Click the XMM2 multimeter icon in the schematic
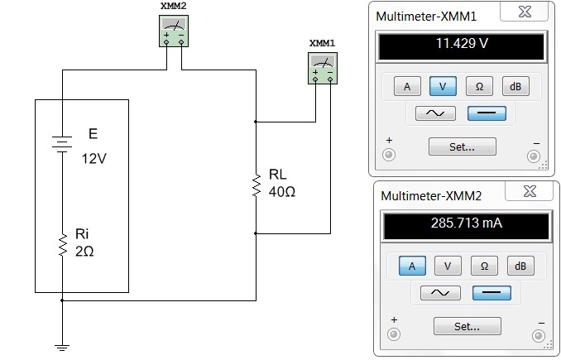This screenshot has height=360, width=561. pos(174,31)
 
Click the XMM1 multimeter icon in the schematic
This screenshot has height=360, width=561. pos(323,68)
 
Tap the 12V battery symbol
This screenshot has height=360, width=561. pos(62,144)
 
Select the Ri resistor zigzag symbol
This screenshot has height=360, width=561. pos(63,245)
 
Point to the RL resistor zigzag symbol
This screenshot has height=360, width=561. pos(257,185)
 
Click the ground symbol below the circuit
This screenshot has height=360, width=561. pos(62,347)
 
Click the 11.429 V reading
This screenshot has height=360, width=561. pos(462,43)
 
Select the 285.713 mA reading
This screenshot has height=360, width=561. pos(466,223)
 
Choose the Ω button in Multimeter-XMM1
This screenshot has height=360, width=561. pos(479,86)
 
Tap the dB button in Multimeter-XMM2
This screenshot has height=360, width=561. pos(520,266)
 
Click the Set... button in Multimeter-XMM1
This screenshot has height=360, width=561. pos(463,146)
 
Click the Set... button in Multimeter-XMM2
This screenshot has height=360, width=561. pos(467,326)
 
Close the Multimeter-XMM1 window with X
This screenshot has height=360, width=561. pos(525,12)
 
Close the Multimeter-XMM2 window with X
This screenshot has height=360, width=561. pos(530,191)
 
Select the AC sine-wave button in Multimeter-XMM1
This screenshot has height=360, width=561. pos(435,113)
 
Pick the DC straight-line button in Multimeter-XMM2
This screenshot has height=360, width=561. pos(491,293)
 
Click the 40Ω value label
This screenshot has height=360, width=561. pos(282,192)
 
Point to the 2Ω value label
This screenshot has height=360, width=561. pos(84,252)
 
